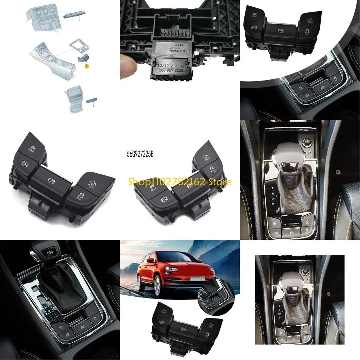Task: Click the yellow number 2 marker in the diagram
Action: point(86,66)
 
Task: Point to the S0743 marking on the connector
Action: point(179,46)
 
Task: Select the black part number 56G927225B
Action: point(142,154)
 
